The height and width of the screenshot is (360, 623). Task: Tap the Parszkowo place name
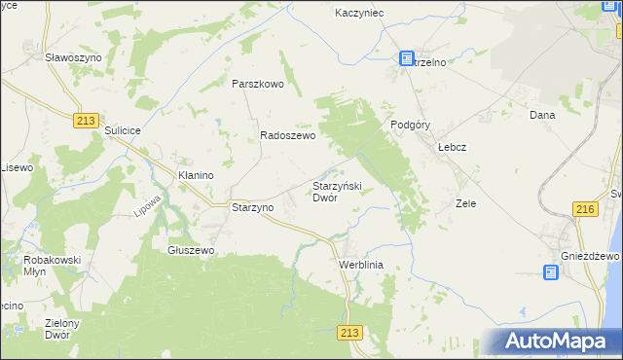[x=257, y=84]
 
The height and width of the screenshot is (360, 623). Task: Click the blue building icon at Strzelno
[x=407, y=59]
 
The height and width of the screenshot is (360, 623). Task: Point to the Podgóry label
[x=410, y=125]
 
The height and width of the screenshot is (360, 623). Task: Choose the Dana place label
[x=541, y=115]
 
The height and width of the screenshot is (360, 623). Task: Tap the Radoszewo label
[x=287, y=137]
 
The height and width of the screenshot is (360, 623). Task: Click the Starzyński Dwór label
[x=336, y=191]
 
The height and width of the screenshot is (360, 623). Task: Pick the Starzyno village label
[x=250, y=207]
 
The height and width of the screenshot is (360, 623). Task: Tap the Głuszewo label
[x=191, y=250]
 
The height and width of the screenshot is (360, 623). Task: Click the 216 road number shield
[x=584, y=210]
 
